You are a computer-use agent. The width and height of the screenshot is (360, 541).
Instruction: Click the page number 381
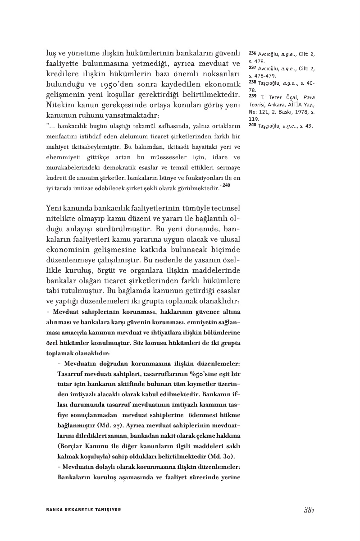(x=308, y=510)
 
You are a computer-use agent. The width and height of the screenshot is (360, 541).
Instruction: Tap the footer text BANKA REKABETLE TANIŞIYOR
(x=84, y=510)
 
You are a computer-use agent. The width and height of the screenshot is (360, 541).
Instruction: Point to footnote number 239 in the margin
(x=252, y=96)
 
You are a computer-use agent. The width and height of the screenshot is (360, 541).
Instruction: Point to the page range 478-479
(x=265, y=76)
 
